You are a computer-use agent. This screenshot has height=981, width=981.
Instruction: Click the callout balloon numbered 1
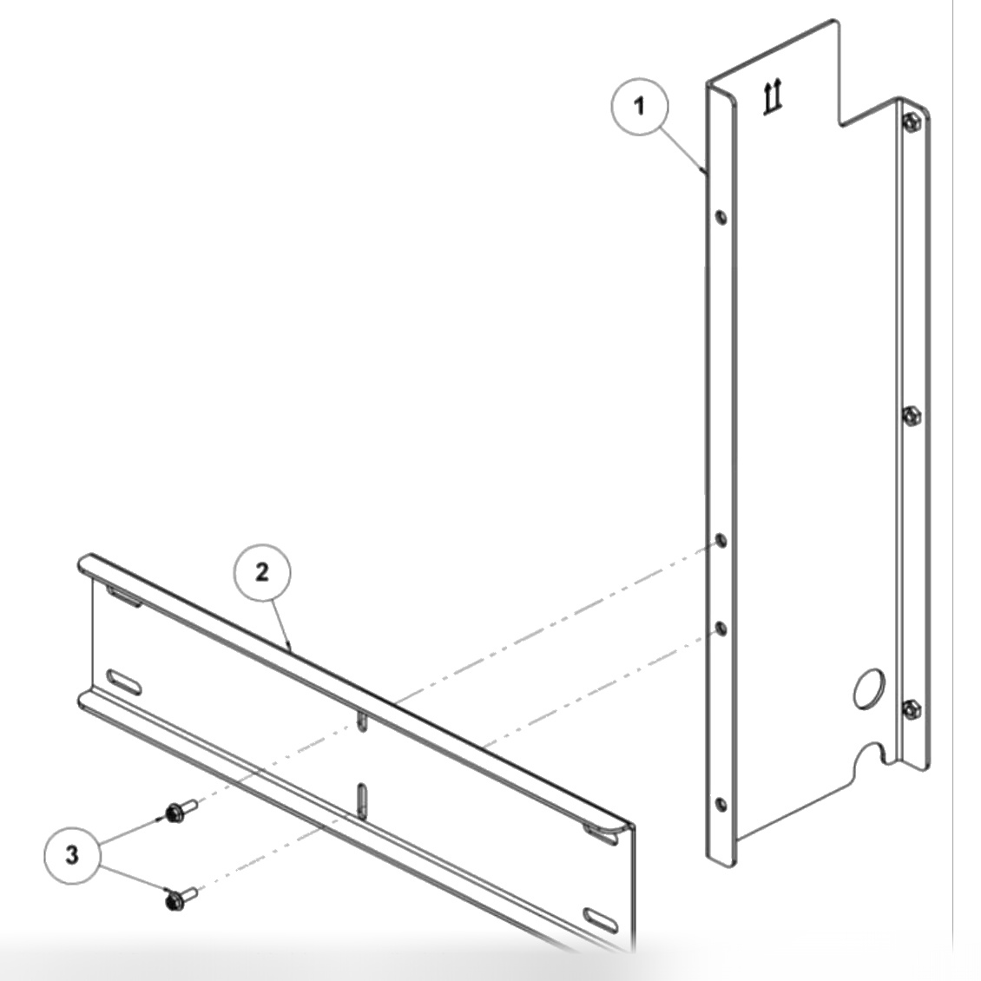(x=640, y=106)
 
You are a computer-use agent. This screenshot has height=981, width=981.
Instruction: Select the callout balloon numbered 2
(x=262, y=572)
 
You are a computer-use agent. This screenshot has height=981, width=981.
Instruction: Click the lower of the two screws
(x=177, y=898)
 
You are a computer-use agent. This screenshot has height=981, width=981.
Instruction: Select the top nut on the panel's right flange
(x=909, y=122)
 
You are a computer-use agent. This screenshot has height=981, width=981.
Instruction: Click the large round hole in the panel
(x=866, y=687)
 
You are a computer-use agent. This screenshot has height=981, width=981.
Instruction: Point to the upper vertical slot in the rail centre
(x=361, y=721)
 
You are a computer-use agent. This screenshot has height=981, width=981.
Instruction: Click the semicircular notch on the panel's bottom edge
(x=870, y=756)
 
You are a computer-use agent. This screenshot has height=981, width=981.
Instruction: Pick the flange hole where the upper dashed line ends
(x=721, y=543)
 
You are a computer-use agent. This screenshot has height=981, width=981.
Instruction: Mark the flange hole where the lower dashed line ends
(x=719, y=627)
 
